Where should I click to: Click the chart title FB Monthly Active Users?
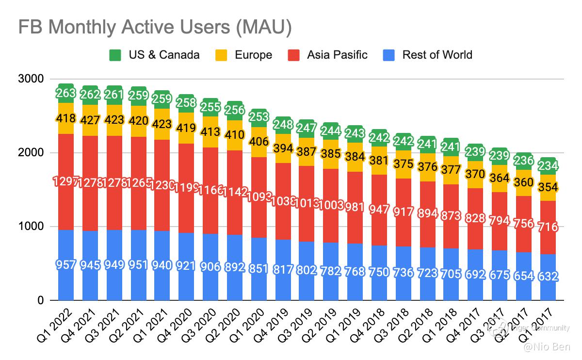pyautogui.click(x=155, y=28)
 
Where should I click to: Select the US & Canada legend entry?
pyautogui.click(x=154, y=55)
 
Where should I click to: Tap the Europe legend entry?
pyautogui.click(x=244, y=55)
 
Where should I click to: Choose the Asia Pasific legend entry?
pyautogui.click(x=328, y=55)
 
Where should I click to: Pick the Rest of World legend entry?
pyautogui.click(x=427, y=55)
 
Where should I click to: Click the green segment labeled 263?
pyautogui.click(x=65, y=93)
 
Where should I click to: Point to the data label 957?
pyautogui.click(x=65, y=265)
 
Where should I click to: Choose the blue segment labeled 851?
pyautogui.click(x=258, y=268)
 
